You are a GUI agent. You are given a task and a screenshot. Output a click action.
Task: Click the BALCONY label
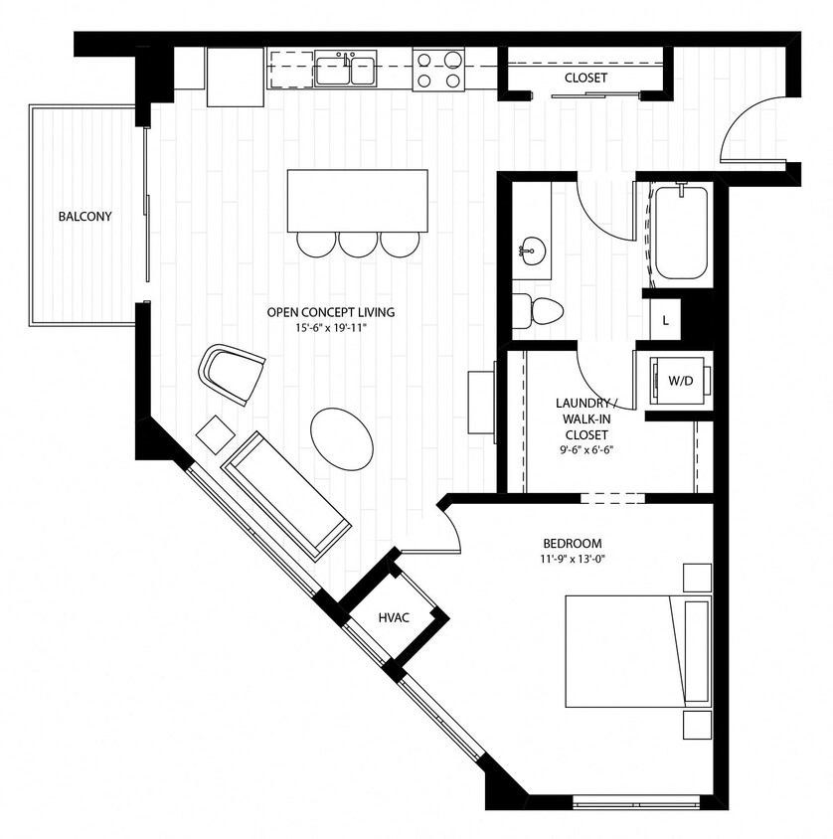click(x=84, y=216)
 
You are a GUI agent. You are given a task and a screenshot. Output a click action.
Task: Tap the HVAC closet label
click(x=394, y=617)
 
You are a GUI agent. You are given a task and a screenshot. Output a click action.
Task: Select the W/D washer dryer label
click(x=680, y=380)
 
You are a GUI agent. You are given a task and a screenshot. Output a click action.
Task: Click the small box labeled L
click(x=665, y=321)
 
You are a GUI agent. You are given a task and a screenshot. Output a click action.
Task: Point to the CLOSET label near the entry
click(x=585, y=78)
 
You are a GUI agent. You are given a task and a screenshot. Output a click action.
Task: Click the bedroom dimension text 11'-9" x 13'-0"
click(x=573, y=559)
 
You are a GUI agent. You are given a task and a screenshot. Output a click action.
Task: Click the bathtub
click(x=681, y=233)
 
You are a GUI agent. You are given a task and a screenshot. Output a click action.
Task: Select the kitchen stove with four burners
click(x=438, y=71)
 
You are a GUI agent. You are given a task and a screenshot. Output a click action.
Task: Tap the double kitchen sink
click(x=346, y=71)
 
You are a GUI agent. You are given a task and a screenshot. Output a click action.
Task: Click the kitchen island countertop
click(x=358, y=200)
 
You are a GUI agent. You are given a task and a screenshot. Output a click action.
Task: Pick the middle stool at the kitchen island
click(x=357, y=244)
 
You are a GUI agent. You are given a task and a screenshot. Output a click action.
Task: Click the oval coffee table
click(x=343, y=437)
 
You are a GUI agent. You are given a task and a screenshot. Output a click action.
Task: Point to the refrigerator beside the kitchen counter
click(x=235, y=77)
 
